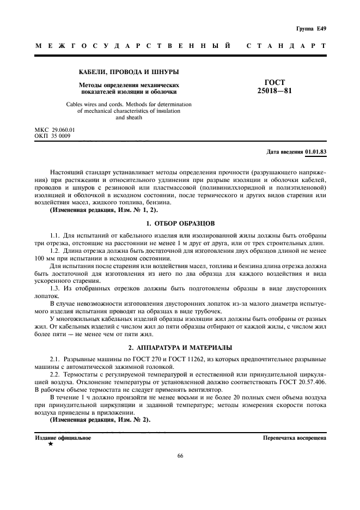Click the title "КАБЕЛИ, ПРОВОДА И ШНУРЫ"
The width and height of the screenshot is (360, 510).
(x=129, y=72)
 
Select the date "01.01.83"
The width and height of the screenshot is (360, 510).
(x=315, y=151)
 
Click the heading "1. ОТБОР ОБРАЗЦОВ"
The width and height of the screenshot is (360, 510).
(x=180, y=223)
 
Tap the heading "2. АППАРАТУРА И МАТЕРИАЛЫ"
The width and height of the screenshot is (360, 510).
(x=180, y=347)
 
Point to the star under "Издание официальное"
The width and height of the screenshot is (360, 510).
(x=51, y=444)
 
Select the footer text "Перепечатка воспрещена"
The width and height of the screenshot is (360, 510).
(x=295, y=438)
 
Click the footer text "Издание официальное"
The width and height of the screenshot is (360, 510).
(x=63, y=438)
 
